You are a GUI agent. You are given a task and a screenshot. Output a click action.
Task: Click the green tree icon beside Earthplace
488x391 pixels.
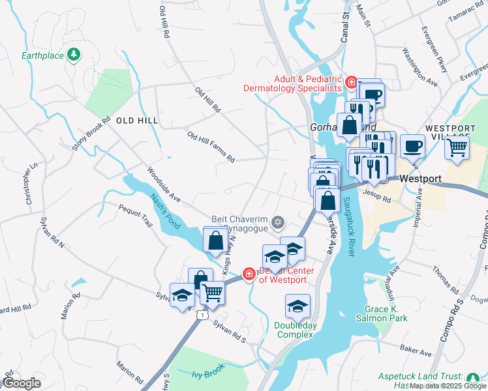click(x=74, y=55)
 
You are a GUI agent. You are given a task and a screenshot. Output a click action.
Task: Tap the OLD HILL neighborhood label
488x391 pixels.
click(x=137, y=121)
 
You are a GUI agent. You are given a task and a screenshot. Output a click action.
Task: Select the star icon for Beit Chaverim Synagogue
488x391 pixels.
click(x=278, y=223)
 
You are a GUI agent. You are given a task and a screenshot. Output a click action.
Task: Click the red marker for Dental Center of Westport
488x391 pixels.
click(x=249, y=274)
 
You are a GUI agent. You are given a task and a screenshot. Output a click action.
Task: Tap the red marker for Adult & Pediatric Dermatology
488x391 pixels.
click(x=351, y=82)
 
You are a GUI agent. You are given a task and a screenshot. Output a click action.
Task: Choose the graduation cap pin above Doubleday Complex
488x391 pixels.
click(x=297, y=306)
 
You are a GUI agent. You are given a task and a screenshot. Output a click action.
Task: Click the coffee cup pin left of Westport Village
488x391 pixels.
click(x=412, y=146)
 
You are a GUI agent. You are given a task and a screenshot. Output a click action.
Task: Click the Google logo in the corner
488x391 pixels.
click(x=22, y=383)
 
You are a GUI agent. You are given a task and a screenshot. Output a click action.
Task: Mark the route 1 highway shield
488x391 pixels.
click(x=204, y=315)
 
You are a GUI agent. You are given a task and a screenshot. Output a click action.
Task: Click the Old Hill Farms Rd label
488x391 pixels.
click(x=210, y=147)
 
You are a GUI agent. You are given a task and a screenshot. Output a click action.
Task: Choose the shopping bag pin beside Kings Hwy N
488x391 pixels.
click(x=215, y=240)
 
